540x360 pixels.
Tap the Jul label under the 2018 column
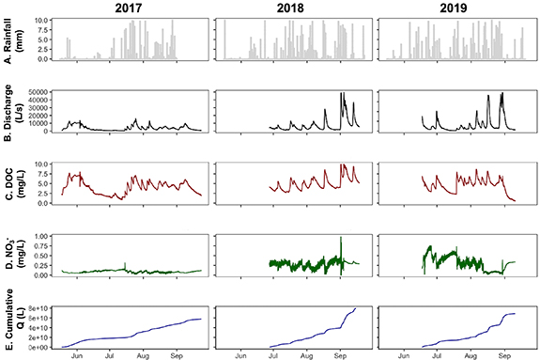[274, 356]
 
